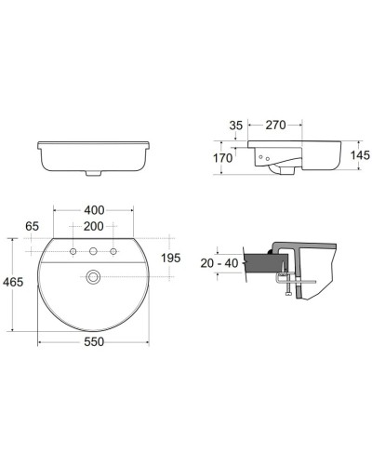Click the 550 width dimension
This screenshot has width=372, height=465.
[92, 342]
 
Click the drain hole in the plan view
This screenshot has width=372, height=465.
[92, 276]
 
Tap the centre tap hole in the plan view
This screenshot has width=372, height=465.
[92, 252]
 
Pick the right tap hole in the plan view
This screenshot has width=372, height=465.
[113, 252]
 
